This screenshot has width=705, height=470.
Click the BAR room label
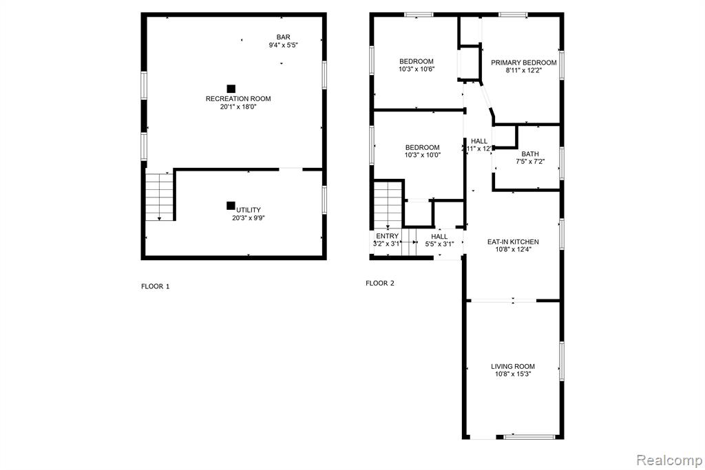click(x=283, y=37)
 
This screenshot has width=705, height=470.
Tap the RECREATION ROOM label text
click(x=238, y=99)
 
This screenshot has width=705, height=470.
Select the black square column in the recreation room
click(x=231, y=89)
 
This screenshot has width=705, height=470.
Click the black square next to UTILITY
click(x=231, y=205)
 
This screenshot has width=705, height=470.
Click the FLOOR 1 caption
click(x=155, y=286)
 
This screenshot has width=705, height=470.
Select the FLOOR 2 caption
click(x=380, y=283)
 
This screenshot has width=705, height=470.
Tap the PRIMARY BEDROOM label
click(x=524, y=63)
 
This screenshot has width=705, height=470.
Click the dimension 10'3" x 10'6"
click(x=417, y=70)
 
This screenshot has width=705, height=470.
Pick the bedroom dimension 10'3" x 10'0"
click(x=422, y=155)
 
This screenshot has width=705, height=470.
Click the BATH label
click(x=530, y=153)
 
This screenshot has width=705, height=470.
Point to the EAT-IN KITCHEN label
click(x=513, y=242)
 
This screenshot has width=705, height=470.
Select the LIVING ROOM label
click(x=513, y=366)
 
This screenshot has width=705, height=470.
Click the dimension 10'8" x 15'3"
click(x=513, y=374)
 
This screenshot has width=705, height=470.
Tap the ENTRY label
click(x=387, y=236)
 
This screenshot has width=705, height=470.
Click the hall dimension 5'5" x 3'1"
click(x=439, y=244)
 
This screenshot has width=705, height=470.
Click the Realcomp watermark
click(x=669, y=460)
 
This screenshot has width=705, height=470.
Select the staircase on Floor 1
click(x=159, y=196)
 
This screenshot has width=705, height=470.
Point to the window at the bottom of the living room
click(x=529, y=437)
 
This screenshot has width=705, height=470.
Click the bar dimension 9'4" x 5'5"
click(x=284, y=45)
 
